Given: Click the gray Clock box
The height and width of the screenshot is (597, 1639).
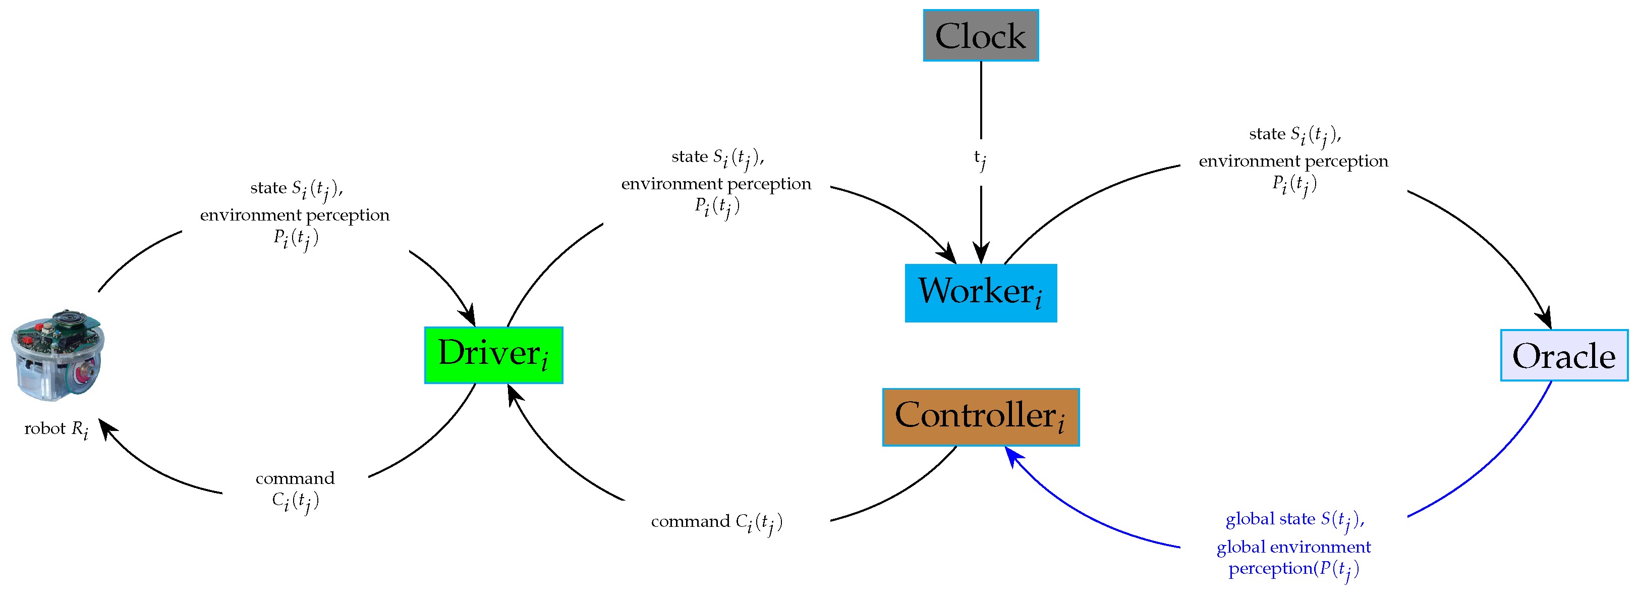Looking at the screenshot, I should [981, 36].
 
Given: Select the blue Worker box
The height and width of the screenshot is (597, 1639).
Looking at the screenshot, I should [981, 293].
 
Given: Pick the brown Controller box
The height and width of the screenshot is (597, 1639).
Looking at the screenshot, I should [981, 417].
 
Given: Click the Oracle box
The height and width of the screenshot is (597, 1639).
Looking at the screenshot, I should [1564, 355].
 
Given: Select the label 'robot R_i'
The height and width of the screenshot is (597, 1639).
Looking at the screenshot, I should [56, 429].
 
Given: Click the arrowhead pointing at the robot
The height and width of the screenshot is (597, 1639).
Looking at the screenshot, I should [107, 428].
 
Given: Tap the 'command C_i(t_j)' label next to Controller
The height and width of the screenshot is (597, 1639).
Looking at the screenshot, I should [716, 522].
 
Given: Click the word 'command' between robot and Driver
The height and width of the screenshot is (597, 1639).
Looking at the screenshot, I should [295, 478].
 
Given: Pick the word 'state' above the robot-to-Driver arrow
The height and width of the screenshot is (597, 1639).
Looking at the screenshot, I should [268, 188].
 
